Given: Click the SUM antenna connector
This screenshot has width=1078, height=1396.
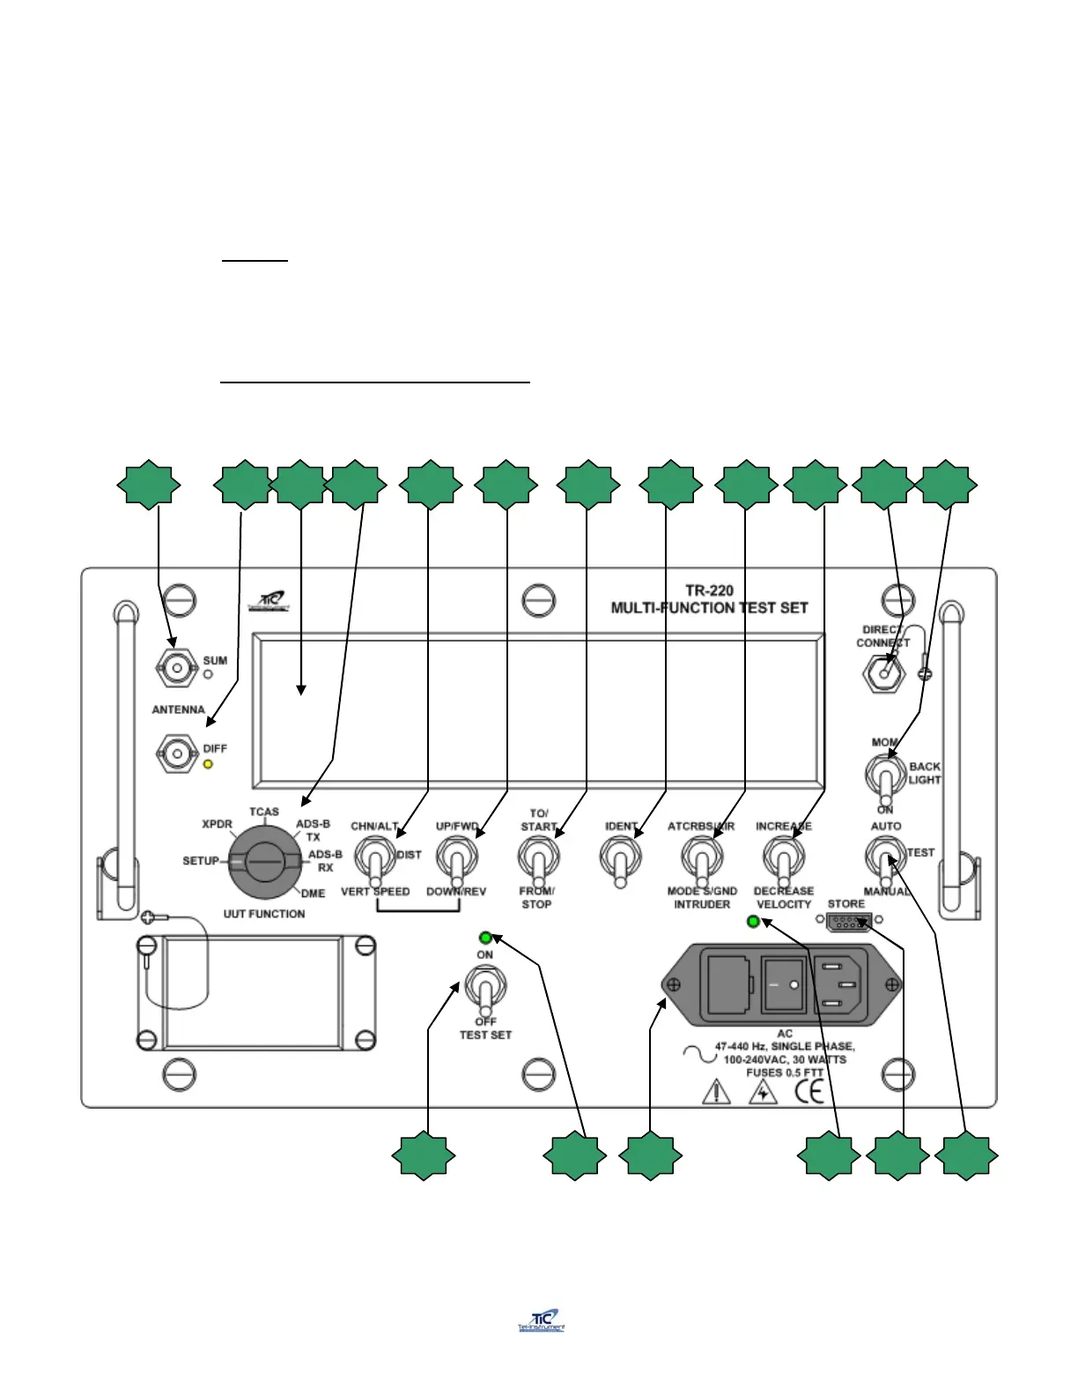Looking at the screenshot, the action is click(176, 668).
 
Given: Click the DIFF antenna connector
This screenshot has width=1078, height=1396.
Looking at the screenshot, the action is click(176, 754).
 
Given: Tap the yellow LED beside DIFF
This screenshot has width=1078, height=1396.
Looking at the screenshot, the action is click(209, 764).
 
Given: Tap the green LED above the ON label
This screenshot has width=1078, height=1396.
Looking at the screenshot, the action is click(485, 938).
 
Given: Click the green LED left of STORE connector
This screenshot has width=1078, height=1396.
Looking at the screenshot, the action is click(753, 922).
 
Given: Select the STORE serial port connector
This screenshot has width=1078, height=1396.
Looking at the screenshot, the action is click(849, 922).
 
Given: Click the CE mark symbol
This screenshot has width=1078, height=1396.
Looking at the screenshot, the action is click(809, 1092).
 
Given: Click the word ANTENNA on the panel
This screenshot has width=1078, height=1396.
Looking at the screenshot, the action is click(178, 709).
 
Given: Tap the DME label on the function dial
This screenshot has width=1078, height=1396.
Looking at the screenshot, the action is click(313, 893).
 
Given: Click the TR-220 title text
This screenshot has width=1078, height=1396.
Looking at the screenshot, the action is click(709, 590).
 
